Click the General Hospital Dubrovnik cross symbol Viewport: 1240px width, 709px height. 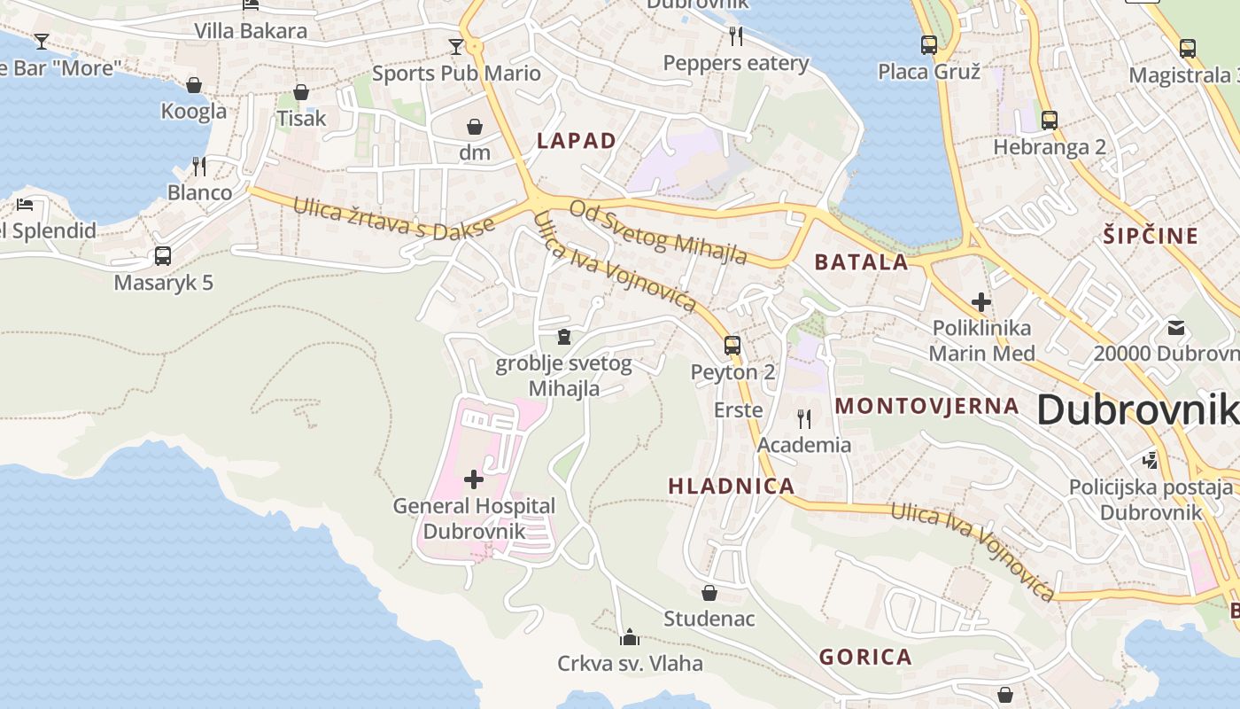(x=474, y=479)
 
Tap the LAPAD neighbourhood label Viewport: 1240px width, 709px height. (x=577, y=140)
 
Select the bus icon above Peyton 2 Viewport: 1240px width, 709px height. (x=732, y=346)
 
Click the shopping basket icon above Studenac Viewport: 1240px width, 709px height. (x=709, y=592)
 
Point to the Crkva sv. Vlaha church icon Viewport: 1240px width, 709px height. (x=630, y=637)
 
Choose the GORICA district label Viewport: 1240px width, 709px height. (x=865, y=657)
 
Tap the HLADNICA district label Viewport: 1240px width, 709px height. (x=732, y=486)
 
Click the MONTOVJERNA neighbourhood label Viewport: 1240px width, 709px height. (x=927, y=406)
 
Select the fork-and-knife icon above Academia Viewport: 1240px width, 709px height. (x=804, y=418)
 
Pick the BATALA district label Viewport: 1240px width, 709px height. (x=862, y=261)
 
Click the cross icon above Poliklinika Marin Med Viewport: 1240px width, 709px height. (x=980, y=302)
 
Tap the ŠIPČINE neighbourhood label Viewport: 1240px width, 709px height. (x=1151, y=236)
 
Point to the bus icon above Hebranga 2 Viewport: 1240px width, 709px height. (x=1050, y=121)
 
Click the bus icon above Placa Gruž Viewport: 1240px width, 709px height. (x=929, y=44)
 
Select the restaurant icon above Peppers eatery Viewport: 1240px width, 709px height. (x=736, y=36)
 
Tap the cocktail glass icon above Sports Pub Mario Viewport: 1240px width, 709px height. (x=456, y=46)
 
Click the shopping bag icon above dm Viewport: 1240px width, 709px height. (x=475, y=127)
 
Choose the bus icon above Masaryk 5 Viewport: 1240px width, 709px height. (x=163, y=256)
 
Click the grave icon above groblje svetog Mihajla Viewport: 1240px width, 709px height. (x=564, y=337)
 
